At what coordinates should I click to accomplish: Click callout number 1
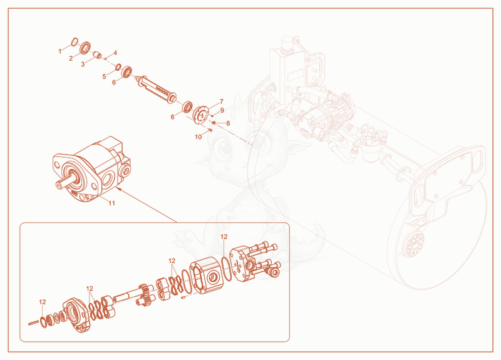(59, 51)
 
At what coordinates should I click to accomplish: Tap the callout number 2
(71, 58)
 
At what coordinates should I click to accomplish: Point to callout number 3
(83, 64)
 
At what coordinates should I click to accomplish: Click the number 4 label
(115, 53)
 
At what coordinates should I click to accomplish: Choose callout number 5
(104, 76)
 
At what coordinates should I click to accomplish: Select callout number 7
(222, 101)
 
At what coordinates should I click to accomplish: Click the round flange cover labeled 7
(200, 115)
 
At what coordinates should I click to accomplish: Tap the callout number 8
(228, 123)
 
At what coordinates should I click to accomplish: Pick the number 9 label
(222, 111)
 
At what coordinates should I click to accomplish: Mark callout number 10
(199, 136)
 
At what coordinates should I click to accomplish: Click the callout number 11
(111, 203)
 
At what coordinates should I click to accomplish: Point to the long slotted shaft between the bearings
(157, 89)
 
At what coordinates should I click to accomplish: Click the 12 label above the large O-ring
(224, 237)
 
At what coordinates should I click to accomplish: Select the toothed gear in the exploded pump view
(147, 294)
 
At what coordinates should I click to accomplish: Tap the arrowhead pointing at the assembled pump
(118, 190)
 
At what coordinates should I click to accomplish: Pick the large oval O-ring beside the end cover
(226, 269)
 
